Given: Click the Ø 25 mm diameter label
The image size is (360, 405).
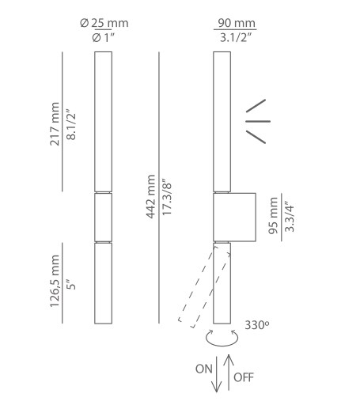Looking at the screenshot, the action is point(104,23).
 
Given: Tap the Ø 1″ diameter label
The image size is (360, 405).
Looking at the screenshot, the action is point(104,38).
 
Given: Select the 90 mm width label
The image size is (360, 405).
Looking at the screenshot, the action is point(237,23).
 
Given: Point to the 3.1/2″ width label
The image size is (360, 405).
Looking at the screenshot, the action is point(236,38).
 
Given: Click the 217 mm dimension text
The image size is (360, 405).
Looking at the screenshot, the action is point(55,124).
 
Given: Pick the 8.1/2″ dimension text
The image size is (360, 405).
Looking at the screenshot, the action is point(71,123).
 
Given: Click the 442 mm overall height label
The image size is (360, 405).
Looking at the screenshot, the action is point(150,196).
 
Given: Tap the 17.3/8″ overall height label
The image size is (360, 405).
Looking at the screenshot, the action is point(167,197).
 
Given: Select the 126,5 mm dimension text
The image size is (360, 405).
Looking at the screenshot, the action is point(55,281).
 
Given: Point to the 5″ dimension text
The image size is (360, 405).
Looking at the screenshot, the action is point(71,284).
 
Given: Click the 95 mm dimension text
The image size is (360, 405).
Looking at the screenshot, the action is point(273,215).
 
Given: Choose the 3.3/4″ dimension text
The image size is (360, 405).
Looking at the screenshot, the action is point(290,217).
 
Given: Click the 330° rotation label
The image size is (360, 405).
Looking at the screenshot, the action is point(257,325).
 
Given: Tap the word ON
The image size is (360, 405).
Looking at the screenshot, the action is point(203,369).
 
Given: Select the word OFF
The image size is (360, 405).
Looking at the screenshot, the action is point(244,377).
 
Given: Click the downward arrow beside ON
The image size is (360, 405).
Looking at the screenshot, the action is point(217,374).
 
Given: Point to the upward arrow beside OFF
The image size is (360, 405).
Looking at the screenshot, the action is point(229,373).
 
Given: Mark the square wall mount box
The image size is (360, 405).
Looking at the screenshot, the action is point(234,218).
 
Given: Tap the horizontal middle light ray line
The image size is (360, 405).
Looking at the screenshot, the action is point(258,121).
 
